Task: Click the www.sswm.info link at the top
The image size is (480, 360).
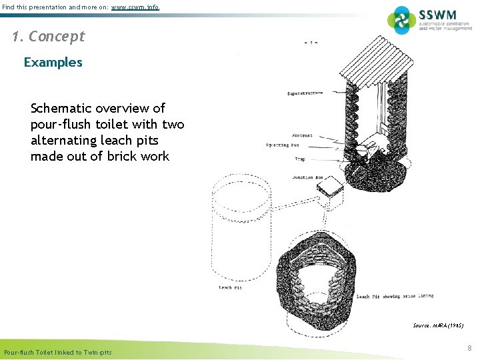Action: pos(135,7)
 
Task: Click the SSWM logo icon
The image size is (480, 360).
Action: pos(401,19)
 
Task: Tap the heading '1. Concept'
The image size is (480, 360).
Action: pos(49,37)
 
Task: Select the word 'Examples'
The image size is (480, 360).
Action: pos(53,63)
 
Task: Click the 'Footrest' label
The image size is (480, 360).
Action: pos(302,135)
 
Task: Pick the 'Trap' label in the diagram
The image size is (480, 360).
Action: pos(299,159)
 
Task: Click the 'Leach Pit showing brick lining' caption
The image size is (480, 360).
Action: pos(395,296)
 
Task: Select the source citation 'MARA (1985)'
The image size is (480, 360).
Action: pos(438,325)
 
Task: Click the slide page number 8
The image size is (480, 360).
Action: pos(469,348)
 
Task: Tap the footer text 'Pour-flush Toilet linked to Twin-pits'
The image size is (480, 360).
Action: pos(58,352)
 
